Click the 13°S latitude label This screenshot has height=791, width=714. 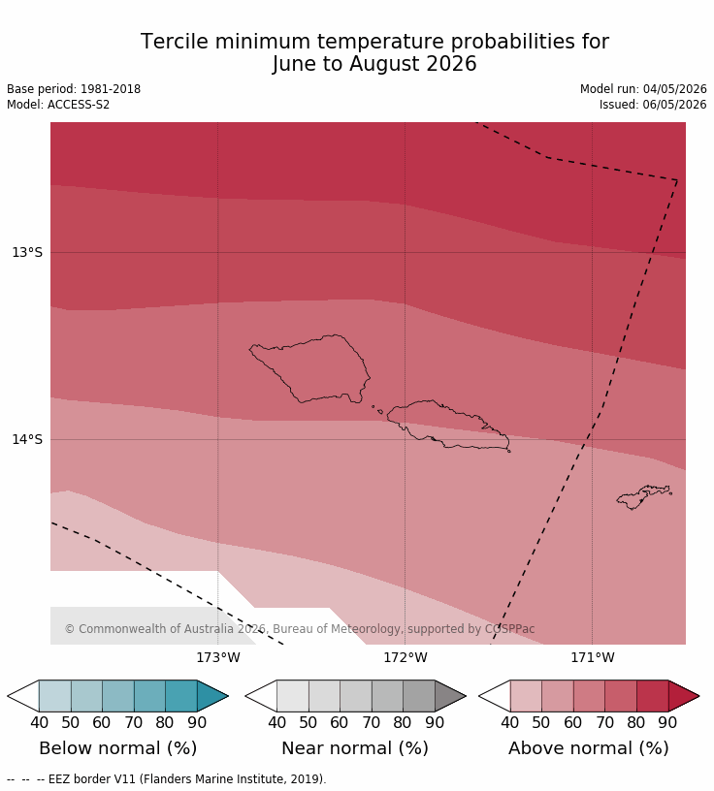point(27,252)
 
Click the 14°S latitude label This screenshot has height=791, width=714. point(27,439)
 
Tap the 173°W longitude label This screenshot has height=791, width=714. point(218,658)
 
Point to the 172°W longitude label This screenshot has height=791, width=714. point(406,658)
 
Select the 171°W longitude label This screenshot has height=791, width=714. point(593,658)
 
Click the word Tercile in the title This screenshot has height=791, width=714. point(175,42)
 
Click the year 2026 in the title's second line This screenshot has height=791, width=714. point(451,64)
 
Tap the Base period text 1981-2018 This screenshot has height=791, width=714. point(111,89)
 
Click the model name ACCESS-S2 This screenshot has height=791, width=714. point(79,105)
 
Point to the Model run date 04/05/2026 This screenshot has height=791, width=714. point(674,89)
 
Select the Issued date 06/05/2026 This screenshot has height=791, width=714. point(674,105)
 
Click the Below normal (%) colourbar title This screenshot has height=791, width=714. point(118,748)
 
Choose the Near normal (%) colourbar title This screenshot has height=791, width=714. point(355,748)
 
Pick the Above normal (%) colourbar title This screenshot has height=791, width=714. point(589,748)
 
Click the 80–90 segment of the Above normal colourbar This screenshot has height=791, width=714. point(652,696)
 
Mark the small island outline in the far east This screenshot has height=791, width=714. point(644,497)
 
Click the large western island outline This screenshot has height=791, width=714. point(309,368)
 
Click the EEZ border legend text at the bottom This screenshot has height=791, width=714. point(187,779)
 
